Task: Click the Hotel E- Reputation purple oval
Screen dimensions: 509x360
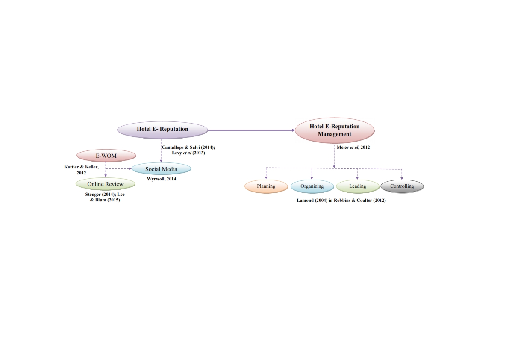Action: coord(162,129)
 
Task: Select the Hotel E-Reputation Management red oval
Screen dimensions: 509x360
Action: coord(334,130)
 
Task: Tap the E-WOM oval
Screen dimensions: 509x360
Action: coord(106,156)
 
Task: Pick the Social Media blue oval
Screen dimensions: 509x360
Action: coord(161,169)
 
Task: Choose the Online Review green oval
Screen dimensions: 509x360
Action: coord(105,184)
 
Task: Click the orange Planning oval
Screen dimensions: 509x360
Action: coord(266,186)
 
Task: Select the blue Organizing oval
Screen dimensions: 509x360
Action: coord(312,186)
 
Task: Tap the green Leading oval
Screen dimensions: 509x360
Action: coord(357,186)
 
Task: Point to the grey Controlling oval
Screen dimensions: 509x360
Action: coord(402,186)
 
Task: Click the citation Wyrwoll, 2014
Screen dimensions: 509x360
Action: coord(161,179)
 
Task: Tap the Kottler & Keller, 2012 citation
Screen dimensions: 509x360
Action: coord(81,170)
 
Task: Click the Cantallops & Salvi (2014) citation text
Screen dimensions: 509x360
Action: coord(188,148)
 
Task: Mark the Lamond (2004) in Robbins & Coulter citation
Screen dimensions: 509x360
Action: coord(341,200)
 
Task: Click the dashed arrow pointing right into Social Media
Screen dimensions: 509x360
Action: coord(120,168)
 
